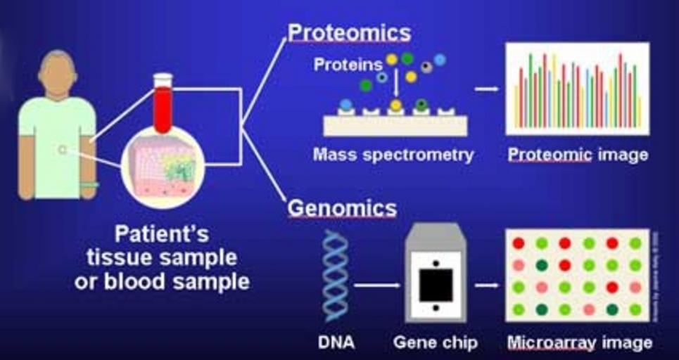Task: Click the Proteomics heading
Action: (x=349, y=32)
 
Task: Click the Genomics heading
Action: (x=342, y=208)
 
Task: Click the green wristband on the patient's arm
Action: (x=89, y=185)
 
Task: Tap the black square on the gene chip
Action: (x=436, y=285)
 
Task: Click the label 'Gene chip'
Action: (x=436, y=343)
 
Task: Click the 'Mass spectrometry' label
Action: (x=393, y=155)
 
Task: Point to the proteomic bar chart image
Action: (x=577, y=89)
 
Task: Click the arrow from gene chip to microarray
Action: (x=486, y=285)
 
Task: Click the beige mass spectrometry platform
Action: (x=395, y=124)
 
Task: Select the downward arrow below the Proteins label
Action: (x=396, y=84)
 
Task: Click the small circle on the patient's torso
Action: (x=62, y=149)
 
